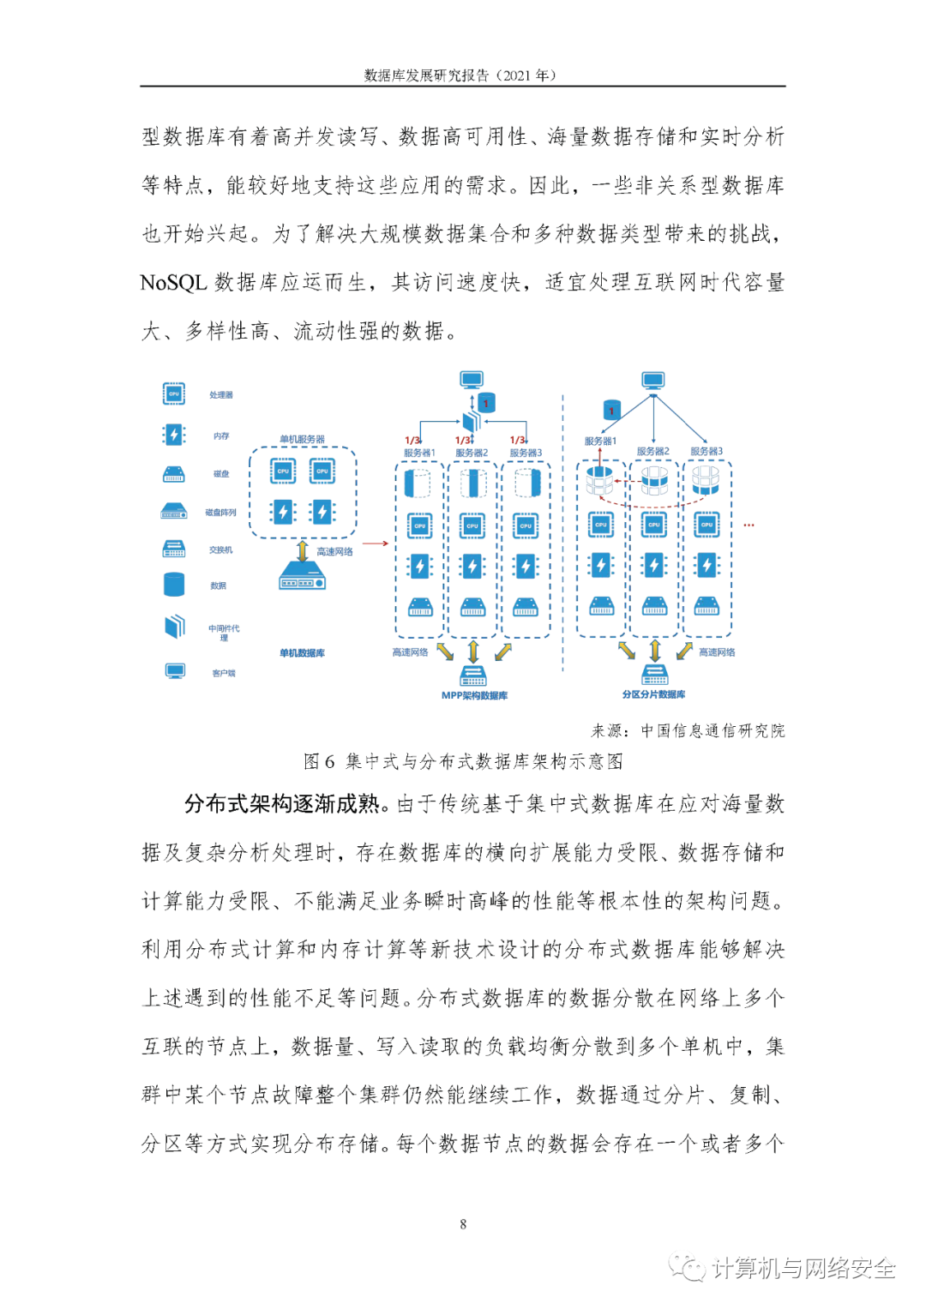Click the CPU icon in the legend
tap(174, 394)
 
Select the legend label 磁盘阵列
tap(220, 513)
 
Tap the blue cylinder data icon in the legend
tap(174, 585)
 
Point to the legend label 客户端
tap(224, 674)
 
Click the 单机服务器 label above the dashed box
tap(302, 439)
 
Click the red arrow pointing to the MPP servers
tap(375, 543)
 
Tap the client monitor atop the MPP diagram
tap(472, 380)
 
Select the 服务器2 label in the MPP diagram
tap(472, 453)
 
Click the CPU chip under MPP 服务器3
tap(526, 525)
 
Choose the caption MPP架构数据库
tap(474, 696)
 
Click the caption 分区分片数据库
tap(653, 694)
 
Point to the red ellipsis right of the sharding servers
tap(749, 525)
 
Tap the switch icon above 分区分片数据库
tap(654, 675)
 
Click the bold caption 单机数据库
tap(302, 653)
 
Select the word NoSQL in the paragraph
tap(173, 283)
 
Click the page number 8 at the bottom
tap(463, 1224)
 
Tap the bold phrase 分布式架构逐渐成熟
tap(282, 804)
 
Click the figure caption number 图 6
tap(319, 761)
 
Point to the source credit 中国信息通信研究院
tap(713, 731)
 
